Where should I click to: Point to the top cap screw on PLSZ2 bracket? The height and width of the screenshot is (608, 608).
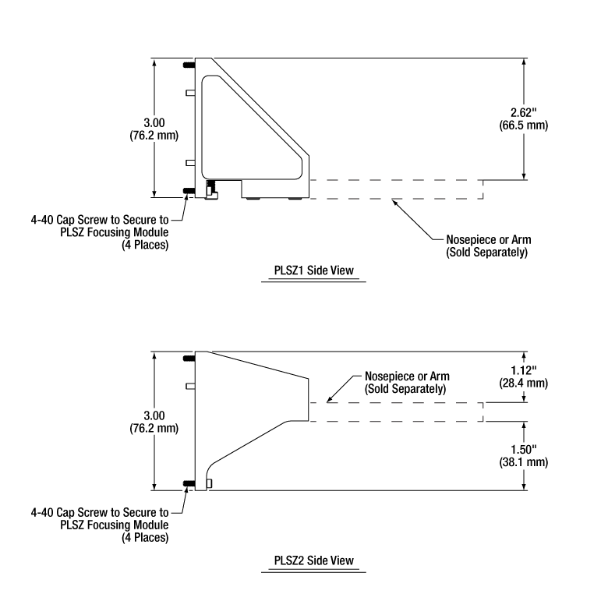[x=188, y=359]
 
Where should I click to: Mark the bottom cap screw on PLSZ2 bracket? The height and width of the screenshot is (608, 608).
[x=188, y=484]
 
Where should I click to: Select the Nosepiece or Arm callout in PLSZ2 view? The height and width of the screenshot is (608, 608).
[x=407, y=382]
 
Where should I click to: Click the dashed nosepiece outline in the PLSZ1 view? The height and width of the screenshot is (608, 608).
[x=398, y=189]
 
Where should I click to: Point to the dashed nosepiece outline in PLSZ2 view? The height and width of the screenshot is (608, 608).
[x=398, y=412]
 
